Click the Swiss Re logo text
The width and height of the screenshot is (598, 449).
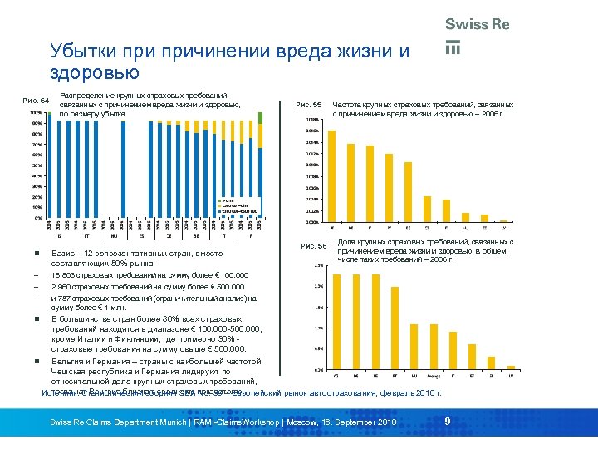[x=477, y=24]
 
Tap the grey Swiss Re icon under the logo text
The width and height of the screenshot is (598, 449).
[x=453, y=47]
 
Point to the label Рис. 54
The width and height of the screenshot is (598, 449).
[x=34, y=101]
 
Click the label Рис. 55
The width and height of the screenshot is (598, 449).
[x=308, y=104]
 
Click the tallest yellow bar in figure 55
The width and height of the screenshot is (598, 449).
[x=333, y=174]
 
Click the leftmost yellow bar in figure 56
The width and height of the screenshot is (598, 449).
[x=336, y=322]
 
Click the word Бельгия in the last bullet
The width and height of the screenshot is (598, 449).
[x=70, y=362]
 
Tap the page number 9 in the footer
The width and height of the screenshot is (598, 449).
[x=448, y=422]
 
